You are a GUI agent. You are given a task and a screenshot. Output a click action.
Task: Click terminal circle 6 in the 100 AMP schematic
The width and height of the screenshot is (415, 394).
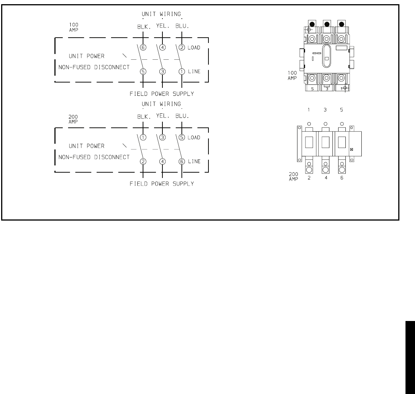pyautogui.click(x=143, y=48)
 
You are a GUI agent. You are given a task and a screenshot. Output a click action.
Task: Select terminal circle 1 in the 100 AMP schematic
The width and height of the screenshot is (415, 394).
pyautogui.click(x=182, y=71)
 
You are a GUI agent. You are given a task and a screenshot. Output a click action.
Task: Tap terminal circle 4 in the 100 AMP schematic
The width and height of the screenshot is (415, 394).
pyautogui.click(x=162, y=48)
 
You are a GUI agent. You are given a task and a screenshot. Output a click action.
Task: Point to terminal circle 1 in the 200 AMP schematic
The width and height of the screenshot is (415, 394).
pyautogui.click(x=143, y=137)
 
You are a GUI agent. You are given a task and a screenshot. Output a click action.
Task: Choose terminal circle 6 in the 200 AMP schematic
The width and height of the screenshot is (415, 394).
pyautogui.click(x=182, y=161)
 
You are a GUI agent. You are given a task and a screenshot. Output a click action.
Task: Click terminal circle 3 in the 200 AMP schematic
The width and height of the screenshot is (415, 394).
pyautogui.click(x=162, y=137)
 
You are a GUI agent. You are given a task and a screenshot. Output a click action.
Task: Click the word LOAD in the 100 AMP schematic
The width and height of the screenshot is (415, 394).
pyautogui.click(x=194, y=48)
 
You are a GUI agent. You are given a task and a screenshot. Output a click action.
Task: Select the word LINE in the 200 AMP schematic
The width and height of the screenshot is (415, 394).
pyautogui.click(x=194, y=161)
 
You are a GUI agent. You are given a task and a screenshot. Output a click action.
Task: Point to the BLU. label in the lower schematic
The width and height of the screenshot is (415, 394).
pyautogui.click(x=182, y=117)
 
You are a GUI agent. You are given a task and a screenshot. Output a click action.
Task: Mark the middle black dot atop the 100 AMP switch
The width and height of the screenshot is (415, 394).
pyautogui.click(x=326, y=24)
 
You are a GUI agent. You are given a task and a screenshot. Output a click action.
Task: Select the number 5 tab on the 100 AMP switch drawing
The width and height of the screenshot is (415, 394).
pyautogui.click(x=312, y=89)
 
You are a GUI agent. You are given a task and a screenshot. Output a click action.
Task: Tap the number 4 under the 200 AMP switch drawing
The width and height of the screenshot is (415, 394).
pyautogui.click(x=326, y=178)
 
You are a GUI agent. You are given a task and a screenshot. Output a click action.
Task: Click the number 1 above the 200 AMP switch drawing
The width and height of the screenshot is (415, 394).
pyautogui.click(x=309, y=109)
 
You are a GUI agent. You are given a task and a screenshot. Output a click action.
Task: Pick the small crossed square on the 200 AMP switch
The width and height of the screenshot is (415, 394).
pyautogui.click(x=351, y=149)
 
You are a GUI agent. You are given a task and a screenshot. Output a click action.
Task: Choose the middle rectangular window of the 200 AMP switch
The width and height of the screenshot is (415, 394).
pyautogui.click(x=326, y=142)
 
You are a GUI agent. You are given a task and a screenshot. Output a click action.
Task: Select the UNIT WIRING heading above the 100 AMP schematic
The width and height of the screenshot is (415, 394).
pyautogui.click(x=162, y=13)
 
